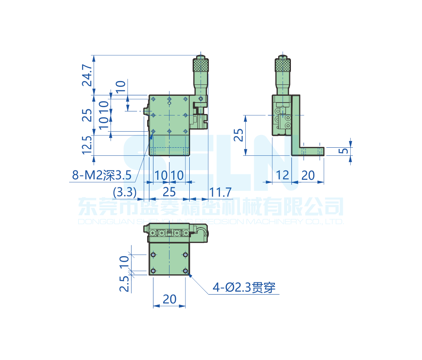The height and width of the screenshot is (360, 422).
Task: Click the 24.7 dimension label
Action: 87,75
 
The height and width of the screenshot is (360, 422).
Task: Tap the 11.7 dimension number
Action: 221,193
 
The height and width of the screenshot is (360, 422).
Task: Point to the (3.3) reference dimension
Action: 125,193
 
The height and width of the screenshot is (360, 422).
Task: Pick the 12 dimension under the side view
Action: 283,175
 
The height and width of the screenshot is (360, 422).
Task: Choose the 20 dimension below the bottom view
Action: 169,299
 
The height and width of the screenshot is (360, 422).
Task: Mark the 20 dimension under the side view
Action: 308,175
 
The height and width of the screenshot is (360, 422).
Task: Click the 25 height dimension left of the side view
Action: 239,135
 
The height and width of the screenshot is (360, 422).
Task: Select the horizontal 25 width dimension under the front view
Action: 169,193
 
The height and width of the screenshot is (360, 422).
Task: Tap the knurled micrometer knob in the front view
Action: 201,65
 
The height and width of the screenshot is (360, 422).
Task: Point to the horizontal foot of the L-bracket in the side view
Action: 312,151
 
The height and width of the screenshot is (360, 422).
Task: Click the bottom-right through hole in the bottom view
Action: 186,271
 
